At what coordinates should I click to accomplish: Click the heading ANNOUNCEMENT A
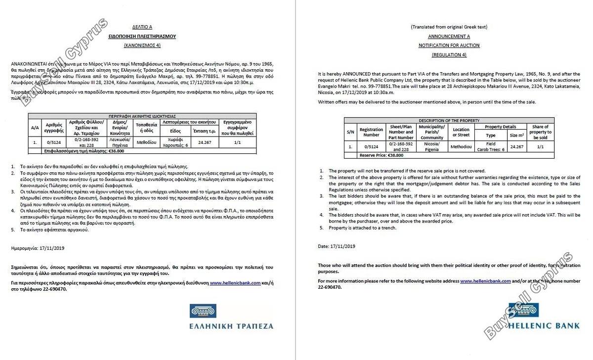tap(449, 37)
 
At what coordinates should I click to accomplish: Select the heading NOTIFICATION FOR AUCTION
tap(449, 45)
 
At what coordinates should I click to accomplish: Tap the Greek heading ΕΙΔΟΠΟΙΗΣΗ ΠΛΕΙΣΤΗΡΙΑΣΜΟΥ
tap(142, 37)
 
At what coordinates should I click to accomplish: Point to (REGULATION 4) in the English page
tap(449, 54)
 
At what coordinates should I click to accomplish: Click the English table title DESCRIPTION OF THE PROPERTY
tap(449, 121)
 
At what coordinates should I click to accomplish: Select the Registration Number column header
tap(371, 132)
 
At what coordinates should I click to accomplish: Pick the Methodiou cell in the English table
tap(460, 147)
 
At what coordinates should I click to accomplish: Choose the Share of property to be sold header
tap(540, 132)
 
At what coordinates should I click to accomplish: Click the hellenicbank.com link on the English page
tap(485, 281)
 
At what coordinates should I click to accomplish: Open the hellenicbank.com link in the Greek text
tap(235, 283)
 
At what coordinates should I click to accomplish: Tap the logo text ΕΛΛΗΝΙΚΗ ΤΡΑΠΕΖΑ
tap(231, 326)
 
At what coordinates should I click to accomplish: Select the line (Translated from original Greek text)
tap(449, 27)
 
